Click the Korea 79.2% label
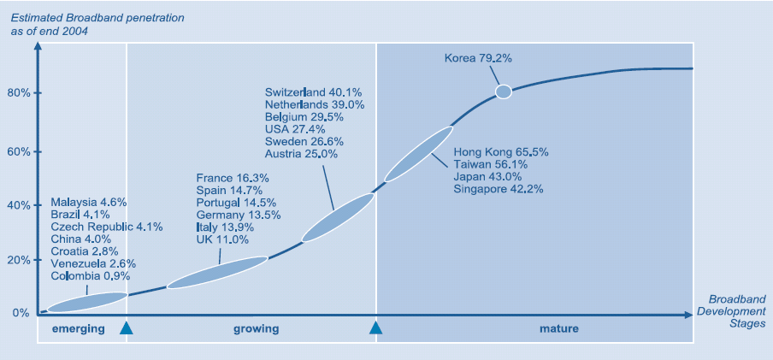click(478, 59)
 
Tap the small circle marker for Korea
click(504, 91)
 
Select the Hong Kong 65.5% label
click(501, 152)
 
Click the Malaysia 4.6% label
click(89, 203)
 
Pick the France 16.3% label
click(233, 178)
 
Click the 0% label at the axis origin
click(21, 313)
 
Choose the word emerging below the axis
click(79, 328)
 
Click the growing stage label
click(256, 328)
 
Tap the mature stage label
click(559, 328)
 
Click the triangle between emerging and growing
click(127, 327)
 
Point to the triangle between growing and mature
click(375, 327)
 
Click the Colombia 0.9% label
click(91, 276)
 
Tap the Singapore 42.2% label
click(499, 189)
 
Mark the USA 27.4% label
click(291, 129)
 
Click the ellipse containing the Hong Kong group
click(419, 154)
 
